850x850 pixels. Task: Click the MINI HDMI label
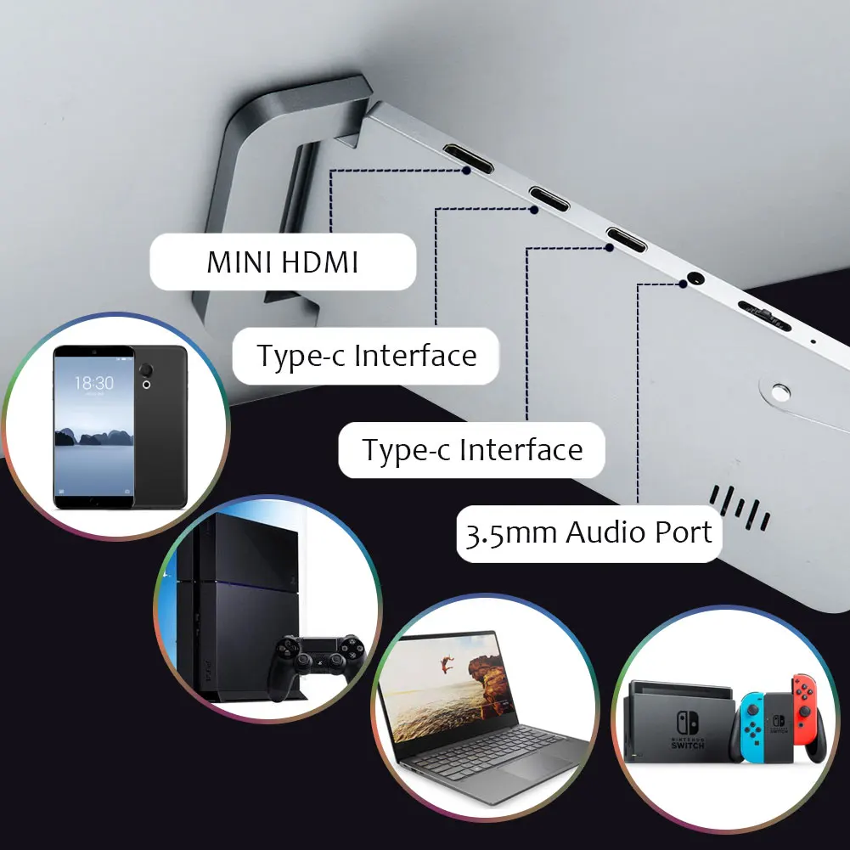point(282,262)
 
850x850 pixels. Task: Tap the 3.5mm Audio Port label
point(588,533)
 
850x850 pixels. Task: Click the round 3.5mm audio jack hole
point(696,277)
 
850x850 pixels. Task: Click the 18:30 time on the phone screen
point(93,383)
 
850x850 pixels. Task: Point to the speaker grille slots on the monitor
point(739,508)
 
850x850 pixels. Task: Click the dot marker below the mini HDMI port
point(466,170)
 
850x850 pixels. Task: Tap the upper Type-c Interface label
point(366,355)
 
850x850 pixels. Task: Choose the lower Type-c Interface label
point(472,449)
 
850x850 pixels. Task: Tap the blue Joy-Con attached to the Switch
point(749,728)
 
